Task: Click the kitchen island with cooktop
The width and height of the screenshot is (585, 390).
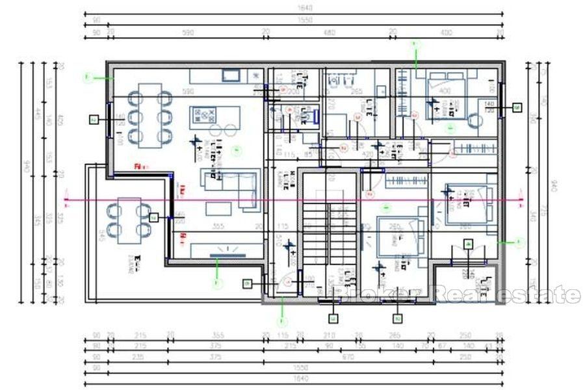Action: tap(214, 118)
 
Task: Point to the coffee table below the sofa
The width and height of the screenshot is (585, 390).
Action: tap(220, 209)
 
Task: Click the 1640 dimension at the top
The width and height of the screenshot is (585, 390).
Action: tap(295, 8)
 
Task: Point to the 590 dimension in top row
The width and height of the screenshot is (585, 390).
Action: tap(187, 31)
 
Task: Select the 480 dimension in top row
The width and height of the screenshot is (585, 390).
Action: tap(329, 31)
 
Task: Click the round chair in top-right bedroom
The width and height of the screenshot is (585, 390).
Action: tap(473, 121)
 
